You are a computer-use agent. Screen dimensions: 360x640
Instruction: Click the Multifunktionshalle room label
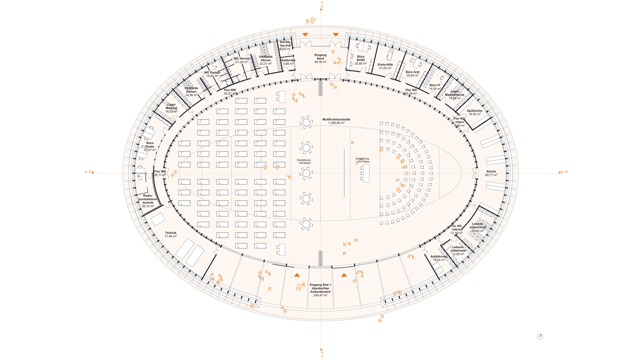coord(336,119)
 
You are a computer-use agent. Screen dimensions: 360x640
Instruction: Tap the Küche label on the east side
coord(491,172)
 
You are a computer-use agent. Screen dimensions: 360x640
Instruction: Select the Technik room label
coord(171,233)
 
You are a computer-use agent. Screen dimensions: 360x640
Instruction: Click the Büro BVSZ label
coord(361,58)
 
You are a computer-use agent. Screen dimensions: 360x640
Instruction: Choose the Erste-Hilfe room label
coord(385,65)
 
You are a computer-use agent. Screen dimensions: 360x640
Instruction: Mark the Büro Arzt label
coord(412,72)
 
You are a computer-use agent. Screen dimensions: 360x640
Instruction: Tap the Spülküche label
coord(474,111)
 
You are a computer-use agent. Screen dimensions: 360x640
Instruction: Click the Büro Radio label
coord(150,145)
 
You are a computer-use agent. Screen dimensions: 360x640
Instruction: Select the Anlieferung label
coord(439,257)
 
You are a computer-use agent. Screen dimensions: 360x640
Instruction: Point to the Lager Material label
coord(171,106)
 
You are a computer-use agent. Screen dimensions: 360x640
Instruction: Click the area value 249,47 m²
coord(320,295)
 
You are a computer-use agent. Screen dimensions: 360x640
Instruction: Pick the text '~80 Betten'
coord(304,163)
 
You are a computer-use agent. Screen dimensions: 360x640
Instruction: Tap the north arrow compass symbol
coord(540,337)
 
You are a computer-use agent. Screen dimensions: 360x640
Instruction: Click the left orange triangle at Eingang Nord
coord(305,35)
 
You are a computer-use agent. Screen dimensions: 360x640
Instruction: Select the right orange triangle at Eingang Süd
coord(344,275)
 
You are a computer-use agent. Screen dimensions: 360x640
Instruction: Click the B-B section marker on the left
coord(89,172)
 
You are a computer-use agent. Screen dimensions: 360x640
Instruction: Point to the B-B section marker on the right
coord(563,172)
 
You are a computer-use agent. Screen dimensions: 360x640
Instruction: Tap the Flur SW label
coord(160,172)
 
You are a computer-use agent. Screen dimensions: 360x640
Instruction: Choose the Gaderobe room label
coord(288,60)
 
